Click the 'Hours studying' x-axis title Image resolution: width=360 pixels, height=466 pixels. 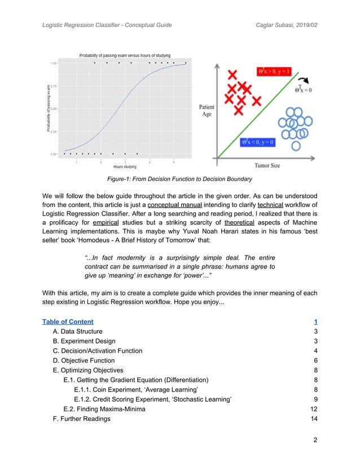pyautogui.click(x=125, y=167)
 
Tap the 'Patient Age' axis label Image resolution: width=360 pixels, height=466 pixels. pyautogui.click(x=206, y=110)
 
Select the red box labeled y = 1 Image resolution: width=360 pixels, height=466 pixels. pyautogui.click(x=274, y=71)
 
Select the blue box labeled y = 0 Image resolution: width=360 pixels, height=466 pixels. pyautogui.click(x=257, y=142)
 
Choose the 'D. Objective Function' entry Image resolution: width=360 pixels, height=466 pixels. pyautogui.click(x=84, y=361)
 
